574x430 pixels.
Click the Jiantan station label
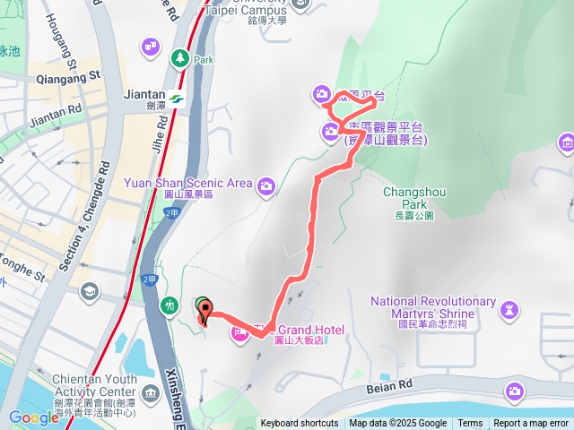pos(141,95)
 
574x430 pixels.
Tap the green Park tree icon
pos(178,58)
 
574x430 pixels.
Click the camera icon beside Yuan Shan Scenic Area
pos(265,186)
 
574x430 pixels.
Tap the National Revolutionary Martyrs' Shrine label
pos(434,307)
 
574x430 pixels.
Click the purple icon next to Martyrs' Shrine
pos(509,309)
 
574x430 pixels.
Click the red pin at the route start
pos(205,314)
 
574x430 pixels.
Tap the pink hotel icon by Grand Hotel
pos(239,333)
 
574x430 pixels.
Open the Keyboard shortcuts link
pos(300,424)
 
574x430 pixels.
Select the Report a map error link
pos(531,424)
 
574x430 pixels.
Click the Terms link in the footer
pos(470,424)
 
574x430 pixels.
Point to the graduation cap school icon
pos(90,292)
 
